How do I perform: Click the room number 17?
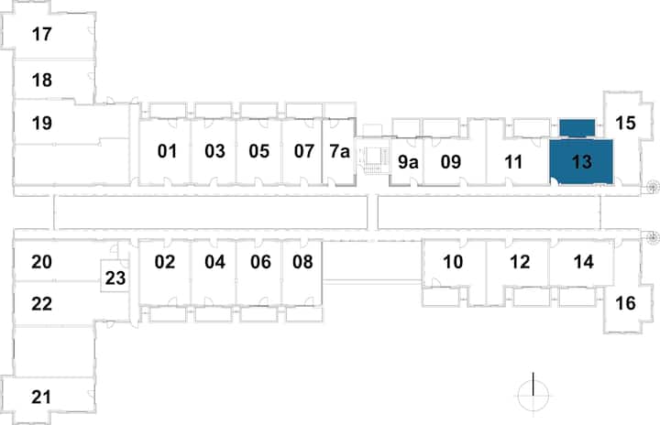(41, 34)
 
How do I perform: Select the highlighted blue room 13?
(581, 162)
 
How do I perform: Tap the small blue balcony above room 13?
(577, 127)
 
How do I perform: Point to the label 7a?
(340, 151)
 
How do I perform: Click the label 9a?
(408, 162)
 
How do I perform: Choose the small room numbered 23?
(115, 278)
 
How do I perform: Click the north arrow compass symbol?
(533, 395)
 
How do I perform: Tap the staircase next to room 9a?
(373, 160)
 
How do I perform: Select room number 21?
(41, 397)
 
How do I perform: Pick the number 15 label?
(625, 123)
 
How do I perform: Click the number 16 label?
(625, 303)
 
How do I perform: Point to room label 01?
(167, 151)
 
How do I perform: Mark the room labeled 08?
(302, 262)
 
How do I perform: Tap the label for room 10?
(453, 262)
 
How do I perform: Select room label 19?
(41, 123)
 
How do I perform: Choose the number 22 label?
(41, 304)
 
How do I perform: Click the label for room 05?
(258, 151)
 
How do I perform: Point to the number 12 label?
(520, 262)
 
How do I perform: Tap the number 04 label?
(214, 262)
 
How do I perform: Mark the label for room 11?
(513, 162)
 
